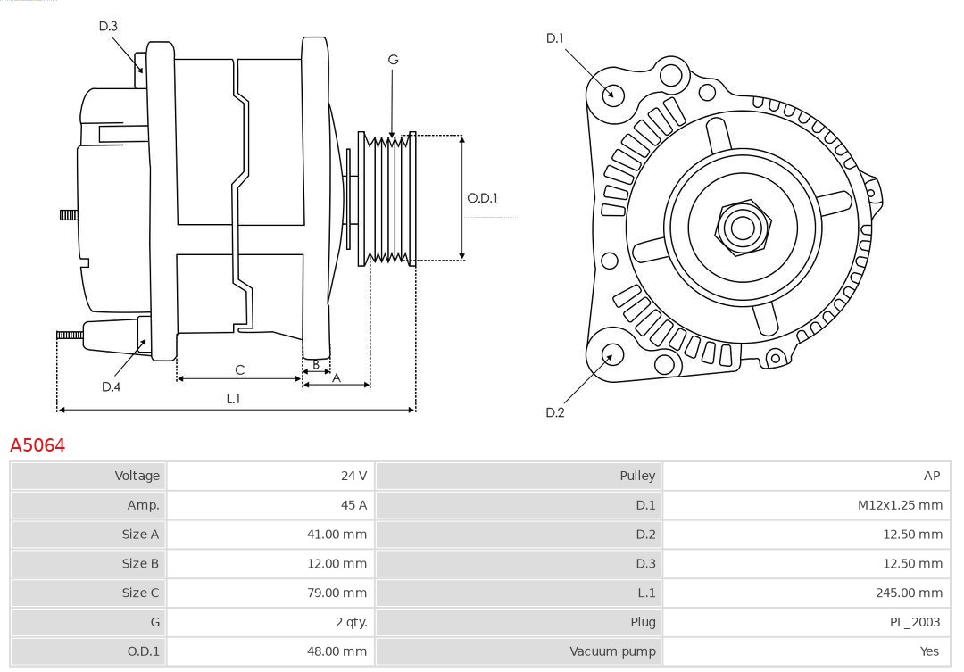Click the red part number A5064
(37, 444)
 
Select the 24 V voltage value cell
(353, 476)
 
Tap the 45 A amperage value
(354, 505)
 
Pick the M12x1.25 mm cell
(900, 505)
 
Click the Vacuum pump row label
(612, 651)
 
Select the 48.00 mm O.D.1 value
(337, 651)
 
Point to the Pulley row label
(637, 476)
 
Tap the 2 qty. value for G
(349, 622)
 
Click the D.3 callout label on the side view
(108, 27)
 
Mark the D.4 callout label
(111, 386)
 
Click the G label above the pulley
(393, 60)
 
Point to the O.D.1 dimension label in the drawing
(482, 198)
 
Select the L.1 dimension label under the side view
(233, 399)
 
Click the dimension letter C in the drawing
(239, 369)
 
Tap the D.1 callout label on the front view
(555, 37)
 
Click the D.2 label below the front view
(555, 412)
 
